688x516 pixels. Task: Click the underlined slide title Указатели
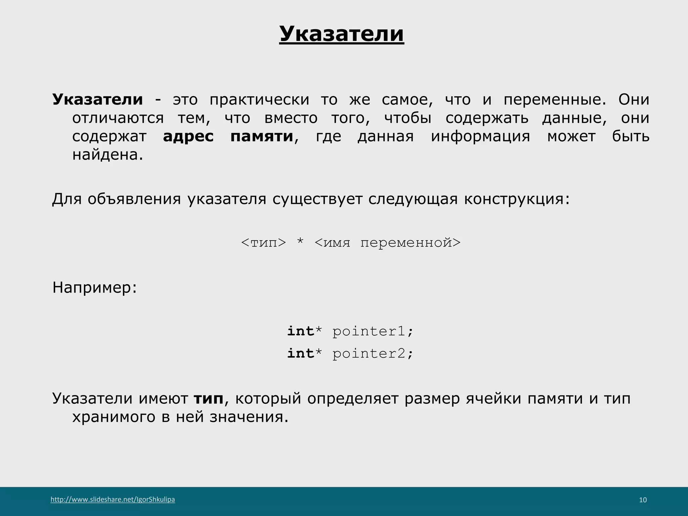coord(341,34)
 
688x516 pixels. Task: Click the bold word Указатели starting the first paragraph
coord(97,99)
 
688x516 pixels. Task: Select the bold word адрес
coord(188,136)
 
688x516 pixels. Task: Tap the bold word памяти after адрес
coord(262,136)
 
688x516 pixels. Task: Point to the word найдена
coord(107,155)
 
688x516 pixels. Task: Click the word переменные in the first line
coord(555,99)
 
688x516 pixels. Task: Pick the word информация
coord(480,136)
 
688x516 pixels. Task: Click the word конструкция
coord(517,199)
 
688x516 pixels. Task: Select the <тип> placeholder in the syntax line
coord(263,242)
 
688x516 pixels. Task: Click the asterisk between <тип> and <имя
coord(300,242)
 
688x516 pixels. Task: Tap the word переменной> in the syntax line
coord(410,242)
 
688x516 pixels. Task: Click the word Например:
coord(95,288)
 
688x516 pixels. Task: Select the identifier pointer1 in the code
coord(369,332)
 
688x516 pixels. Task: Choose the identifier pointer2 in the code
coord(369,354)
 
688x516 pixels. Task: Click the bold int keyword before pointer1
coord(300,331)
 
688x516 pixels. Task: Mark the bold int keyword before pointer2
coord(300,353)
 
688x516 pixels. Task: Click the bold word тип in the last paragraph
coord(209,399)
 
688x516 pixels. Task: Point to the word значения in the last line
coord(249,417)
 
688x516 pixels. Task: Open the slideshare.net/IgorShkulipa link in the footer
coord(113,500)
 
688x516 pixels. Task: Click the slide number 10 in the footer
coord(643,500)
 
